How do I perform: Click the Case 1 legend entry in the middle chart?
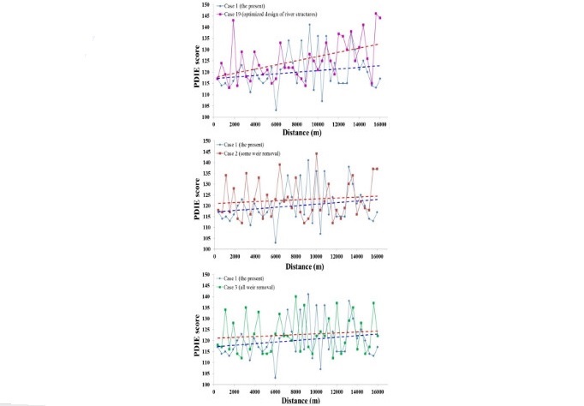(x=249, y=146)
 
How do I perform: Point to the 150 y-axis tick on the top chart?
(x=204, y=4)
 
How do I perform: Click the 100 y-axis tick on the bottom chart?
(x=204, y=385)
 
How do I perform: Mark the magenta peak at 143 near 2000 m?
(x=233, y=20)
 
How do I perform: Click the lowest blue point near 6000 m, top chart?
(x=276, y=110)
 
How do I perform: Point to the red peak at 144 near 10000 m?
(x=317, y=154)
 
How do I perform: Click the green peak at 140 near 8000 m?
(x=296, y=296)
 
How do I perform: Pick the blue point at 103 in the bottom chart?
(x=276, y=378)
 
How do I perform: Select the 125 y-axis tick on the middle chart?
(x=204, y=194)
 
